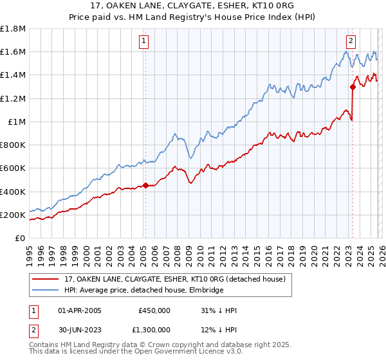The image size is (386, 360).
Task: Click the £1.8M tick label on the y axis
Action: point(13,28)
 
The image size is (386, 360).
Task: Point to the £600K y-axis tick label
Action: point(13,168)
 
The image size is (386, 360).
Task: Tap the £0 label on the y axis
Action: point(21,238)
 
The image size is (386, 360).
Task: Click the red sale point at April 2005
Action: point(145,186)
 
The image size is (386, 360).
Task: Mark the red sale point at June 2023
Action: point(353,87)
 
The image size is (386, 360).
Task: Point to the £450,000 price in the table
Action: point(154,310)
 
